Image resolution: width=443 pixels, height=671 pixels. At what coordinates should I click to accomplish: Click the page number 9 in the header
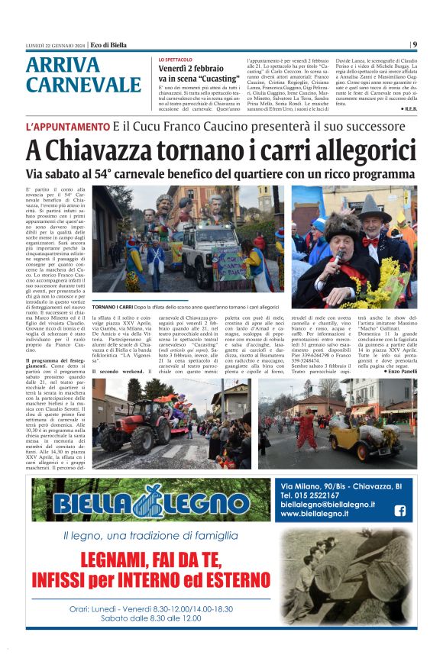[x=414, y=44]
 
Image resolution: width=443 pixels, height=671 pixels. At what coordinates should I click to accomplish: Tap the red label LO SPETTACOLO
[x=176, y=59]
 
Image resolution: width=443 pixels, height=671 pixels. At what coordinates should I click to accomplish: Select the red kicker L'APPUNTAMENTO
[x=67, y=126]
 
